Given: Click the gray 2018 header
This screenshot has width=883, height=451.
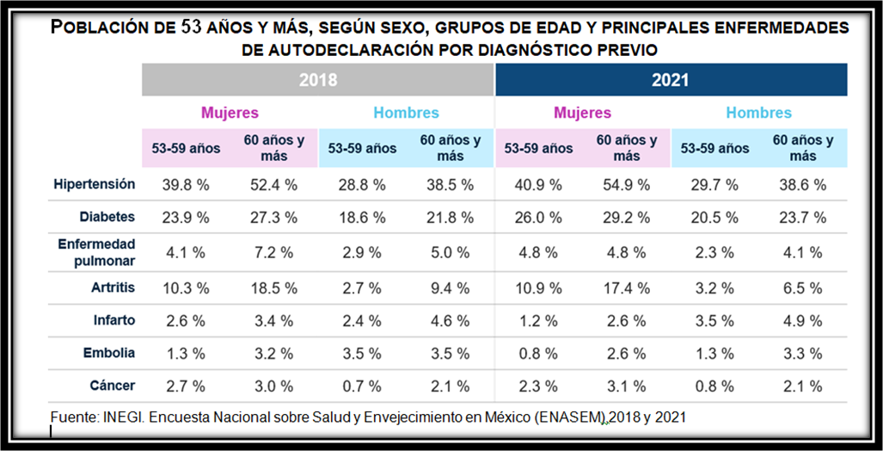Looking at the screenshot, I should click(x=317, y=80).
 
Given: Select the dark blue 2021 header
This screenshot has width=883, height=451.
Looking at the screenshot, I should click(x=671, y=80).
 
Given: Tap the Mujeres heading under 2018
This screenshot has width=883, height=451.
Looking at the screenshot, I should click(x=230, y=113).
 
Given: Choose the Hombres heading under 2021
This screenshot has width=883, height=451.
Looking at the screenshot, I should click(x=758, y=113).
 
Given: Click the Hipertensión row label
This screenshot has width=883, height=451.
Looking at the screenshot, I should click(x=95, y=184).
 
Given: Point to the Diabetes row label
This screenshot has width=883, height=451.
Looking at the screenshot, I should click(x=107, y=218).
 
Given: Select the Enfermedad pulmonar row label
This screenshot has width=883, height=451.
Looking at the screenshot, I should click(x=96, y=252).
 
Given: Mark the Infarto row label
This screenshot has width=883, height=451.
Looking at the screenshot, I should click(x=114, y=319).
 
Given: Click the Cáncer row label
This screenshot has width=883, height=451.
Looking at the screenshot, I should click(x=113, y=386).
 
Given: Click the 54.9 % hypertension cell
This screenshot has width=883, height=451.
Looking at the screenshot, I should click(x=627, y=185).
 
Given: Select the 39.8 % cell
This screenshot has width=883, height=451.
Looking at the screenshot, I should click(x=186, y=185).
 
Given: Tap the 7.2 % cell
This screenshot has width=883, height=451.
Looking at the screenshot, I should click(x=274, y=252).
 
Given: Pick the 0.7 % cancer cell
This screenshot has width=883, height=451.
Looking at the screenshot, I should click(x=362, y=386).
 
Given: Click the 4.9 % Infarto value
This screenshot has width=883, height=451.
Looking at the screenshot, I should click(x=803, y=319).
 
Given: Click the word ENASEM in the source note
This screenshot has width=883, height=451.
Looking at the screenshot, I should click(x=571, y=417).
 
